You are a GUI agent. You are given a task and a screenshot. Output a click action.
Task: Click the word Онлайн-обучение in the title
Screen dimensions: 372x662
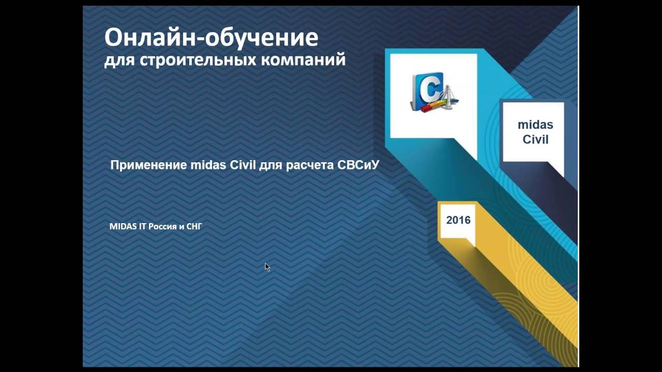[x=211, y=38]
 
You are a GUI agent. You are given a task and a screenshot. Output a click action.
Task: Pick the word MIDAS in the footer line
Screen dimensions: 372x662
[x=123, y=226]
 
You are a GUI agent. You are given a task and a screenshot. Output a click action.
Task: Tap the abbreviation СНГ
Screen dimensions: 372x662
[x=194, y=226]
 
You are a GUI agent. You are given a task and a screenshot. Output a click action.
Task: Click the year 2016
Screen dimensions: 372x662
[x=458, y=220]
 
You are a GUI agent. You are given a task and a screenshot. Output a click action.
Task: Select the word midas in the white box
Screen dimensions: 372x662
[x=535, y=125]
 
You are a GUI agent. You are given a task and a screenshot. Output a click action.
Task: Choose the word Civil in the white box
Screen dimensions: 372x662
[x=535, y=139]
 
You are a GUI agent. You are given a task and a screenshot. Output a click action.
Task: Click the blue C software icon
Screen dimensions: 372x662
[x=427, y=91]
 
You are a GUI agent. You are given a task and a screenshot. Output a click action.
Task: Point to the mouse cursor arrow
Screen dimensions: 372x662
[x=267, y=266]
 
